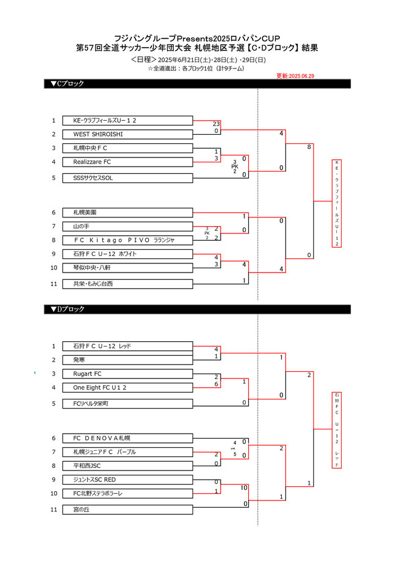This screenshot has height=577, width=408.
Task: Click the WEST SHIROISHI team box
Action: pyautogui.click(x=127, y=134)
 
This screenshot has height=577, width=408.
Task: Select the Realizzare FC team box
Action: pyautogui.click(x=127, y=162)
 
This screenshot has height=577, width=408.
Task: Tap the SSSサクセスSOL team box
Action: pyautogui.click(x=127, y=178)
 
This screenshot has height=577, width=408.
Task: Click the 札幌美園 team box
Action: pyautogui.click(x=127, y=212)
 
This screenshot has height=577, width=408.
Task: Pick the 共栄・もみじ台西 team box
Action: pyautogui.click(x=127, y=284)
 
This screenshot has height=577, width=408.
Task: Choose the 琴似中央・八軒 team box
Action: pyautogui.click(x=127, y=268)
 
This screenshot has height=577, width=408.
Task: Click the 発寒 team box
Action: pyautogui.click(x=127, y=360)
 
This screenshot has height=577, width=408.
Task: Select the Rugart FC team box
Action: pyautogui.click(x=127, y=374)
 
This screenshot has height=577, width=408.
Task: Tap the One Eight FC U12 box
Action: pyautogui.click(x=127, y=388)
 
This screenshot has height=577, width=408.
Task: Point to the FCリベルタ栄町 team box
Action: pyautogui.click(x=127, y=404)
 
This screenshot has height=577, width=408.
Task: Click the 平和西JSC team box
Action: pyautogui.click(x=127, y=466)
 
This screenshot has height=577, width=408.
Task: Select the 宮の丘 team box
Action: pyautogui.click(x=127, y=509)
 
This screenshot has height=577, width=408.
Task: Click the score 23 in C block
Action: pyautogui.click(x=216, y=124)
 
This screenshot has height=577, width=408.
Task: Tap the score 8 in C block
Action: pyautogui.click(x=309, y=147)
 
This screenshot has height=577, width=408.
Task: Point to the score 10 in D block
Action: pyautogui.click(x=244, y=488)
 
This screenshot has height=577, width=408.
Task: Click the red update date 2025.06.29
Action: pyautogui.click(x=295, y=76)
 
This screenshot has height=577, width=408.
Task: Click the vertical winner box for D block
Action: pyautogui.click(x=337, y=429)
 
